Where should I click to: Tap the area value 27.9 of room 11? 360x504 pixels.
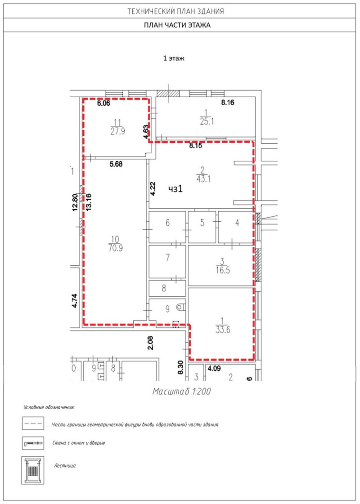(118, 131)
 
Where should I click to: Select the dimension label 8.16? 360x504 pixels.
(227, 103)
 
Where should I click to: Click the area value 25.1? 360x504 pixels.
(207, 121)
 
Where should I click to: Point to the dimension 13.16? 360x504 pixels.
(89, 201)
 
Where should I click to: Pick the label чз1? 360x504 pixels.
(175, 189)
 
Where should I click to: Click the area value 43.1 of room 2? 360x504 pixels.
(203, 178)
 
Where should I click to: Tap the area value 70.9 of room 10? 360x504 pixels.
(115, 248)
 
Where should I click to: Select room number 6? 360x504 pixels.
(167, 223)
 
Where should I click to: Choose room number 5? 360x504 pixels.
(202, 223)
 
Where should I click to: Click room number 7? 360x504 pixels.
(167, 258)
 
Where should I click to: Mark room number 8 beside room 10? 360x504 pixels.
(164, 288)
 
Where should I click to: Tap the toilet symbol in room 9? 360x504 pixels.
(180, 307)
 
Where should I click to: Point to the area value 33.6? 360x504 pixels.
(223, 330)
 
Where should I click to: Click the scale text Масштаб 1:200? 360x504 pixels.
(182, 392)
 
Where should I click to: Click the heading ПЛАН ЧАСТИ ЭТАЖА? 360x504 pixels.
(177, 25)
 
